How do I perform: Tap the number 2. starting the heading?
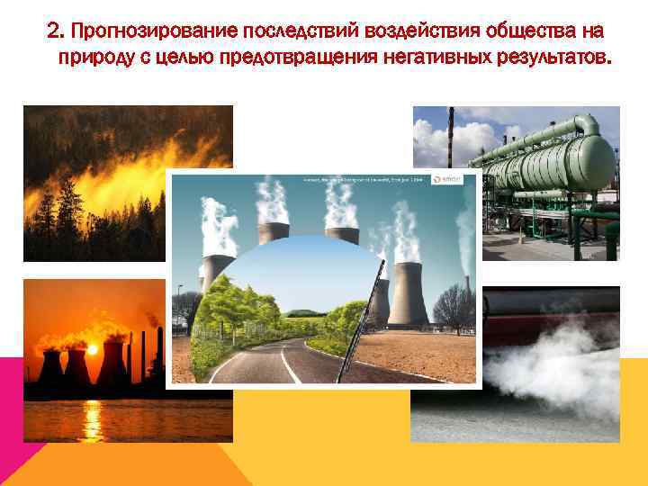point(55,33)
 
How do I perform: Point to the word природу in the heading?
point(95,60)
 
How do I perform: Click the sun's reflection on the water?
point(92,418)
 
